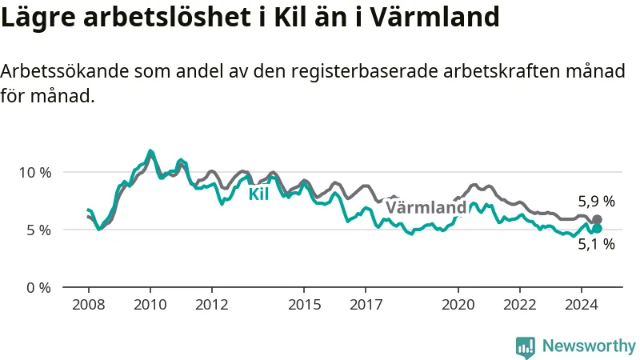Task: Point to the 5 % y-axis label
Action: pyautogui.click(x=39, y=230)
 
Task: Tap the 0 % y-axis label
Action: pyautogui.click(x=38, y=288)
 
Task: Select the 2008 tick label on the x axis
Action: pyautogui.click(x=89, y=305)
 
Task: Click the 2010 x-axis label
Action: pyautogui.click(x=150, y=305)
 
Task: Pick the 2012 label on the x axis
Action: pyautogui.click(x=212, y=305)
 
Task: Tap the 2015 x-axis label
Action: pyautogui.click(x=304, y=305)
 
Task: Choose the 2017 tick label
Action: pyautogui.click(x=366, y=305)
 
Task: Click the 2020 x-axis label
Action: pyautogui.click(x=458, y=305)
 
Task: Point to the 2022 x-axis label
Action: pyautogui.click(x=519, y=305)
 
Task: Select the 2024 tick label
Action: pyautogui.click(x=582, y=305)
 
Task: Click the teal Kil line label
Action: pyautogui.click(x=258, y=194)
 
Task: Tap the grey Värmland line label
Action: pyautogui.click(x=426, y=207)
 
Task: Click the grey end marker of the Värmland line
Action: pyautogui.click(x=597, y=219)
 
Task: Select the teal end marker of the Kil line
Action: pyautogui.click(x=597, y=229)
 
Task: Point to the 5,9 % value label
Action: pyautogui.click(x=596, y=202)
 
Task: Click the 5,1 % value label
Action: pyautogui.click(x=596, y=244)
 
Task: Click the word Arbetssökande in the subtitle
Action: pyautogui.click(x=65, y=71)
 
